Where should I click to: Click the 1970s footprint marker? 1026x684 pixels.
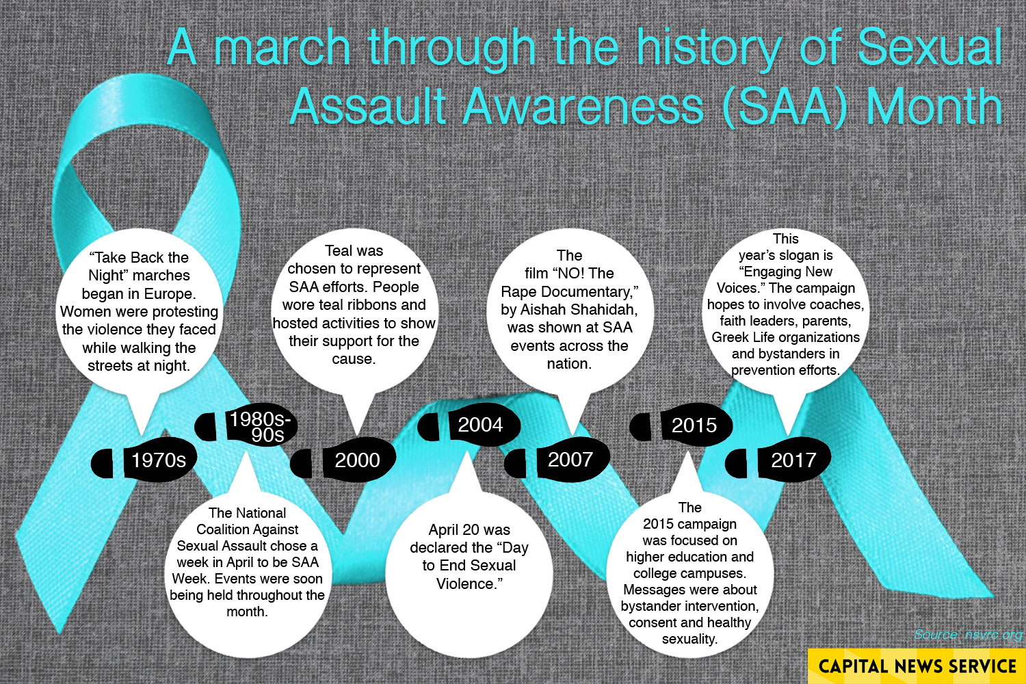pos(144,460)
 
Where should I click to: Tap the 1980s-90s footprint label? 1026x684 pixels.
pos(246,425)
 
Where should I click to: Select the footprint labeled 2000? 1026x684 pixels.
pos(343,460)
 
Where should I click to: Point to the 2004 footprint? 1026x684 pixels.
pos(469,425)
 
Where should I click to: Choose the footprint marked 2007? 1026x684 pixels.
pos(557,460)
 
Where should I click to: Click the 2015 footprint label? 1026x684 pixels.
pos(681,425)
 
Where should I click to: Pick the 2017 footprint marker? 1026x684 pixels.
pos(778,460)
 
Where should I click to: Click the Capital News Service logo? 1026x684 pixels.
pos(917,666)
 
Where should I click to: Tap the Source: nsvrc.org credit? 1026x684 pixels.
pos(968,635)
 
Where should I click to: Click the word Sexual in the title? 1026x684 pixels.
pos(930,47)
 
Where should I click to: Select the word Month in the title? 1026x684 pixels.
pos(934,105)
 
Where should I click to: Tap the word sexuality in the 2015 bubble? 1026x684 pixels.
pos(689,639)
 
